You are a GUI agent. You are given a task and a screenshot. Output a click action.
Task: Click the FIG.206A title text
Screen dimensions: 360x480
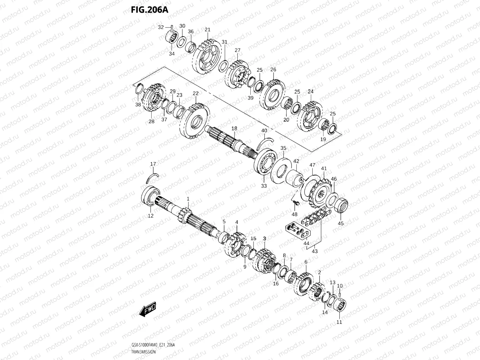click(x=149, y=9)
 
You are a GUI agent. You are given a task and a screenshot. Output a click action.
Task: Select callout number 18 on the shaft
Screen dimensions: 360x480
click(x=234, y=129)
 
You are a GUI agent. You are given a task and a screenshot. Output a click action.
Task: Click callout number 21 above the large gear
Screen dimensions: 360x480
click(x=207, y=30)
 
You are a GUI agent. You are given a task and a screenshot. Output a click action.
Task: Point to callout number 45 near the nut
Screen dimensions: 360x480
click(x=341, y=223)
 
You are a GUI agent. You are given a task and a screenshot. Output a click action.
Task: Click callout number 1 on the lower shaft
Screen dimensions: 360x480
click(x=188, y=199)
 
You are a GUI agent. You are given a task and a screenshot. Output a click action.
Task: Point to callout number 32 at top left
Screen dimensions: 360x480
click(x=161, y=27)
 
